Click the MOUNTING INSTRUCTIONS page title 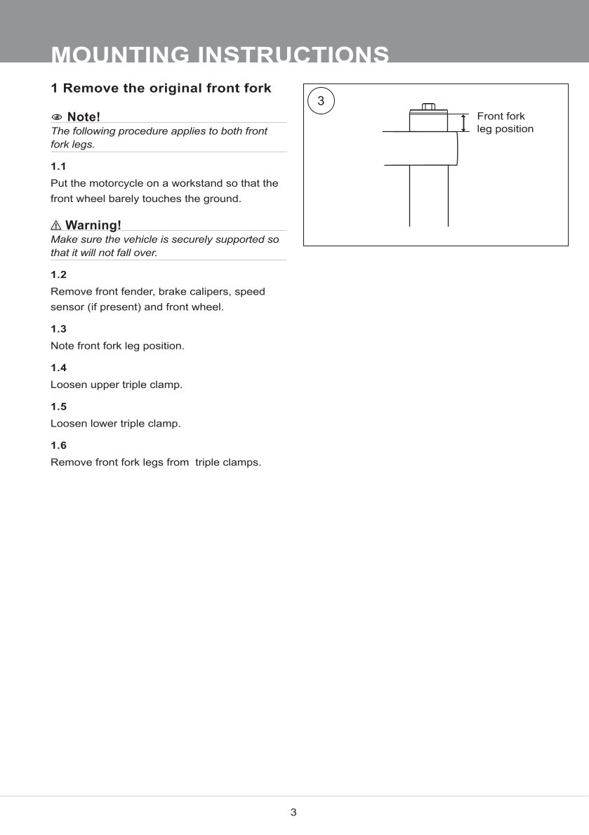tap(220, 55)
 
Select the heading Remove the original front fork tap(161, 88)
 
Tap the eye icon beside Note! tap(57, 116)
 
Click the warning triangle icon tap(56, 225)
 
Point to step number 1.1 tap(58, 166)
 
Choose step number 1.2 tap(58, 274)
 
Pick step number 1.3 tap(58, 328)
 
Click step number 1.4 tap(58, 368)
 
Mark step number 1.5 tap(58, 406)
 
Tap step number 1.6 tap(58, 446)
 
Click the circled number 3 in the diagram tap(321, 101)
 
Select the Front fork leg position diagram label tap(505, 122)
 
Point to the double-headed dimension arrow tap(463, 122)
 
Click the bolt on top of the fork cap tap(428, 107)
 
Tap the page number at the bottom tap(293, 813)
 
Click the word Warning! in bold tap(93, 225)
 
